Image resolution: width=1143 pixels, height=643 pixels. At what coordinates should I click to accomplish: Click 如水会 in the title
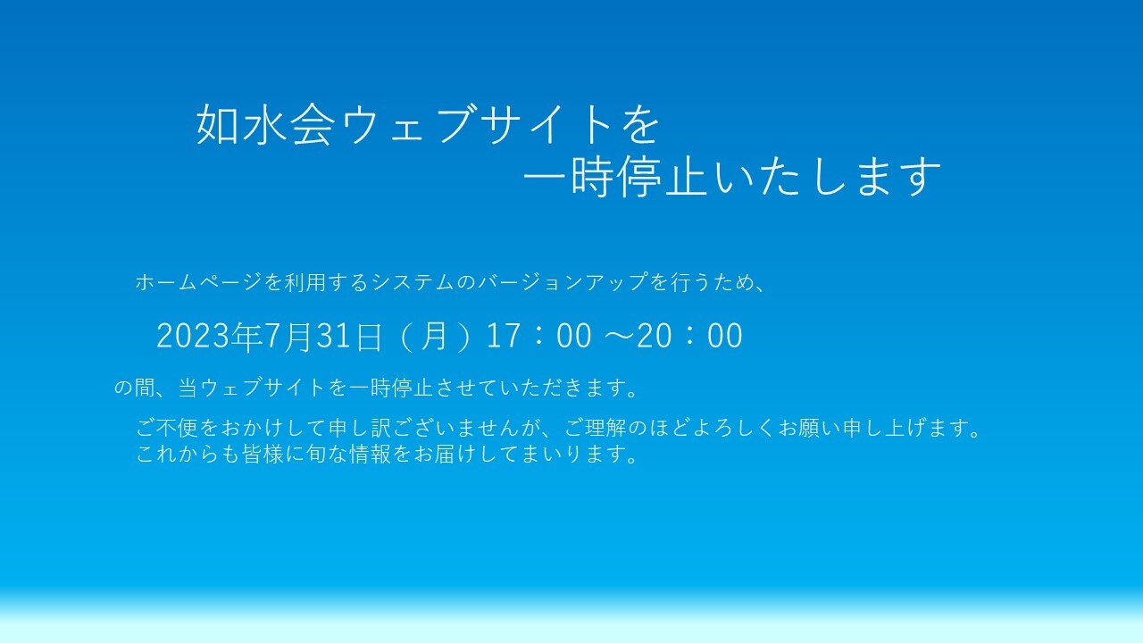[x=266, y=124]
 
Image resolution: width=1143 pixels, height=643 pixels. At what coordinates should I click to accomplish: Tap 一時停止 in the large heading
[x=616, y=177]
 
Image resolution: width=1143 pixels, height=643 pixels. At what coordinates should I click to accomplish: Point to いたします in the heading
[x=827, y=177]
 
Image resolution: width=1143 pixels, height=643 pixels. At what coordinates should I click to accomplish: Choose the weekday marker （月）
[x=434, y=336]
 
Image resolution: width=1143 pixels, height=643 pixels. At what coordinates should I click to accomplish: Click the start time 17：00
[x=539, y=336]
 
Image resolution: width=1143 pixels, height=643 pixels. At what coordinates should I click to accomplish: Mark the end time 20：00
[x=689, y=336]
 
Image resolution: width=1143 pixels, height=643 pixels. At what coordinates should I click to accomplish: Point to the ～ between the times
[x=620, y=336]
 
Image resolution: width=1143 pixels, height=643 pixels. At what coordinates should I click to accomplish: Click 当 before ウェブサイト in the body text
[x=188, y=388]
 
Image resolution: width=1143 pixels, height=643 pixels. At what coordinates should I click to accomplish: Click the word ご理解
[x=596, y=428]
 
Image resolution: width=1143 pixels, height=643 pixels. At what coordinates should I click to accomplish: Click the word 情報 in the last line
[x=370, y=454]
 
